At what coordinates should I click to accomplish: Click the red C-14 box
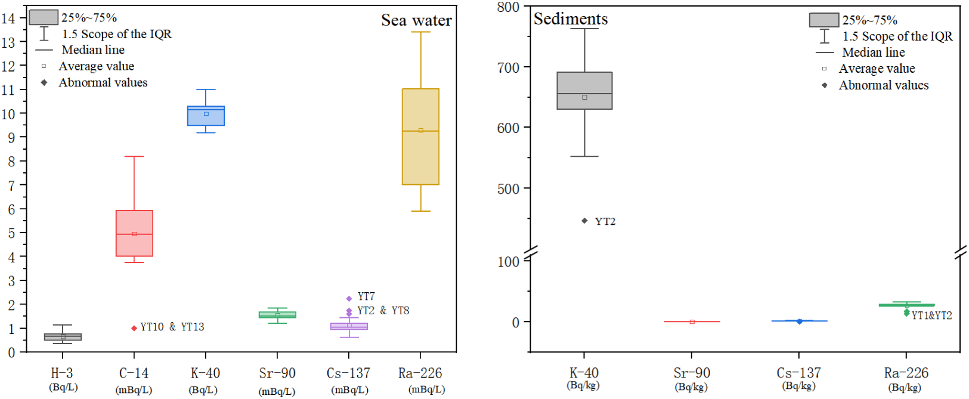[134, 233]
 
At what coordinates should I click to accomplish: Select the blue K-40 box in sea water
[206, 116]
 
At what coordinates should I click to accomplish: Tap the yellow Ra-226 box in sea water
[420, 137]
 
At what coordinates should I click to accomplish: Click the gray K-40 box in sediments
[584, 91]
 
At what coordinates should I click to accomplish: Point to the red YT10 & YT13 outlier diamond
[134, 328]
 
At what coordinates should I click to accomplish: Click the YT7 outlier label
[366, 296]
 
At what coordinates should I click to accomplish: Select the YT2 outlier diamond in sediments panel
[584, 221]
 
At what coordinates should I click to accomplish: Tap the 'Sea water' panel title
[416, 20]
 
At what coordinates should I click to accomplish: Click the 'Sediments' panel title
[571, 19]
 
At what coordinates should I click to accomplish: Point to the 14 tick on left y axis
[8, 18]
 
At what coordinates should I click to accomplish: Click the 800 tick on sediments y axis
[508, 7]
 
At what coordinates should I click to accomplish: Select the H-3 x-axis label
[62, 373]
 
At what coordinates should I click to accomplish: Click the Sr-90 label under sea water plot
[277, 373]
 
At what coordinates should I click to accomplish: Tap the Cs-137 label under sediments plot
[798, 373]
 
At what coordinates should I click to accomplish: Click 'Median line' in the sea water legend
[93, 50]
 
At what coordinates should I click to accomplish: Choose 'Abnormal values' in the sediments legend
[883, 85]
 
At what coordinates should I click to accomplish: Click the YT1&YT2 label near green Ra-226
[931, 316]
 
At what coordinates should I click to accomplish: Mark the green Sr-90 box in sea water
[277, 314]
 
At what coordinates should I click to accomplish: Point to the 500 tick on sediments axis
[508, 189]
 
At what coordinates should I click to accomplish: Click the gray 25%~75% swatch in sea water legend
[44, 17]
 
